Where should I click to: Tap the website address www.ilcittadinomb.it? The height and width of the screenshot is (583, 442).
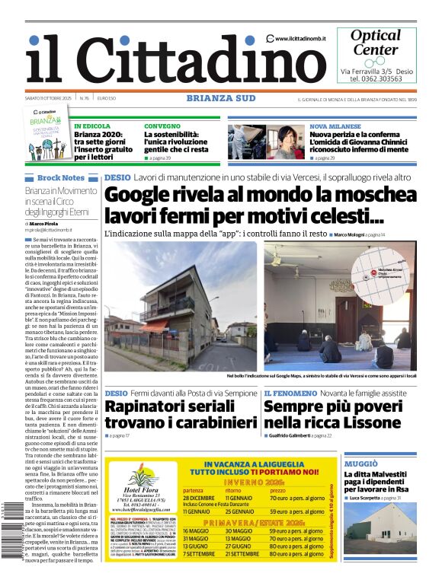point(300,39)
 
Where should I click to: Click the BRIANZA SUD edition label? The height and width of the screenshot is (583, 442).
point(220,98)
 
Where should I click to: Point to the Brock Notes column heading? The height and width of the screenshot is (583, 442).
point(60,177)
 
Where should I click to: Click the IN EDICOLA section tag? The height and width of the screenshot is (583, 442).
point(92,126)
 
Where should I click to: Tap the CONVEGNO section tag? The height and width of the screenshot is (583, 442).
point(162,126)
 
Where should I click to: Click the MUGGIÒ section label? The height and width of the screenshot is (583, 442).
point(361,464)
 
